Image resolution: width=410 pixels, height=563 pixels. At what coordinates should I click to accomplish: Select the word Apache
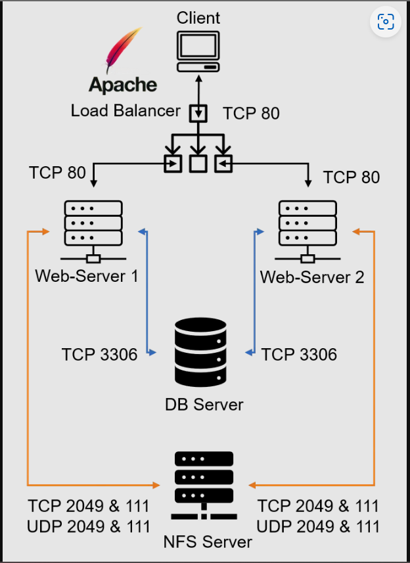click(123, 85)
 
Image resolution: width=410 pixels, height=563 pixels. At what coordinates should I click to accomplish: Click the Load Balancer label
click(125, 110)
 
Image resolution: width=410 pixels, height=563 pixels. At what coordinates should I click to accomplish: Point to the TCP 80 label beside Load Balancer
click(251, 113)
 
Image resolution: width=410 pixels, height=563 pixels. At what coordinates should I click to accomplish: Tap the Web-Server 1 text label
click(87, 275)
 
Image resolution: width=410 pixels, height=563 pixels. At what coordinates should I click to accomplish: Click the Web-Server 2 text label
click(312, 277)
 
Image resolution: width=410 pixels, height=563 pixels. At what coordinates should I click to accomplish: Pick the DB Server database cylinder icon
click(200, 351)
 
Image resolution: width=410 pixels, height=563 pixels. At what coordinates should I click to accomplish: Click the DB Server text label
click(204, 404)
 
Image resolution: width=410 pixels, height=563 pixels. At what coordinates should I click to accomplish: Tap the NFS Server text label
click(208, 542)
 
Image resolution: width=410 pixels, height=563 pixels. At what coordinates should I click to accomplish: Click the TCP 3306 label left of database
click(99, 355)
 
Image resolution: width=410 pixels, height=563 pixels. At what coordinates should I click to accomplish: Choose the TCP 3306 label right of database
click(299, 355)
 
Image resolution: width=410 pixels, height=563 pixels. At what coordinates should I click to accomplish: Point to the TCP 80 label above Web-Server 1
click(57, 173)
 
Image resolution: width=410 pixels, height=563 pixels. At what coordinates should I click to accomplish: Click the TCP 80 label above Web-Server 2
click(352, 177)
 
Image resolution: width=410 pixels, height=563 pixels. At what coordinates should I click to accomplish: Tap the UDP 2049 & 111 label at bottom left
click(89, 526)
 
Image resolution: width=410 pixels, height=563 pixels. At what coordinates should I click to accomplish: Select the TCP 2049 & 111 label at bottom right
click(318, 506)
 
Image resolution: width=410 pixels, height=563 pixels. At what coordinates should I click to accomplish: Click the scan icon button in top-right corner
click(385, 22)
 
